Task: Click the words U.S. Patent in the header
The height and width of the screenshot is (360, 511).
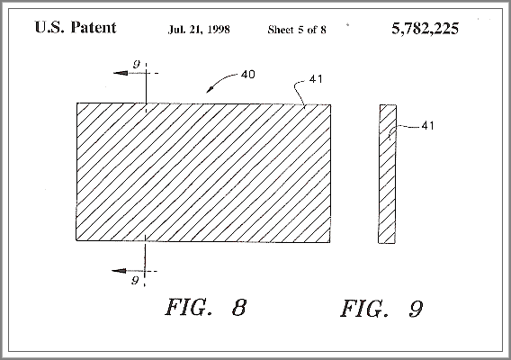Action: [76, 27]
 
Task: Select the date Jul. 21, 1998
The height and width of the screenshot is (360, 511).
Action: [199, 30]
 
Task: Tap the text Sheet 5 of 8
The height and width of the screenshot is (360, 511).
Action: [297, 30]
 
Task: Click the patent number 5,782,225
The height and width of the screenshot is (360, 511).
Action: [426, 29]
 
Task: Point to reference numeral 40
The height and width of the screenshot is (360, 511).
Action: [248, 75]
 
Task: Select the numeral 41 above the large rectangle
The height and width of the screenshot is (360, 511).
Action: [316, 79]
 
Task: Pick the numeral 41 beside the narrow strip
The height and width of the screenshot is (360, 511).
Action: [428, 125]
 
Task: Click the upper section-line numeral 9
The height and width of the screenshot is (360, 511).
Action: [137, 64]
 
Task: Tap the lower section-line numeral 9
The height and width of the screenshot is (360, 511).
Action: [135, 280]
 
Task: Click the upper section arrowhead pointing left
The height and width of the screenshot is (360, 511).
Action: [121, 73]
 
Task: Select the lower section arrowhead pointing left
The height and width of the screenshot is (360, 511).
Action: [119, 271]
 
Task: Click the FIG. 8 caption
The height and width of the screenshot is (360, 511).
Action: [206, 307]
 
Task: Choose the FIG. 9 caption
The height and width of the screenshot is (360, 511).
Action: [381, 309]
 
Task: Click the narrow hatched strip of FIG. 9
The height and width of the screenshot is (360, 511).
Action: [388, 174]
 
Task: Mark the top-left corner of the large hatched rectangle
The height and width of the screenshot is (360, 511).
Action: [76, 103]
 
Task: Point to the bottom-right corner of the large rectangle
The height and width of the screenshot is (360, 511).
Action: [330, 242]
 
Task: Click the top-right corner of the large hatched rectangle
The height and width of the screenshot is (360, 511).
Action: [331, 104]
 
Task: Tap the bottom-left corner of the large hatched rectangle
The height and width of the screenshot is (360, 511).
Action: [76, 240]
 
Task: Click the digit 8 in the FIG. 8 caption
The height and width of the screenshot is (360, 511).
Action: [239, 307]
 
